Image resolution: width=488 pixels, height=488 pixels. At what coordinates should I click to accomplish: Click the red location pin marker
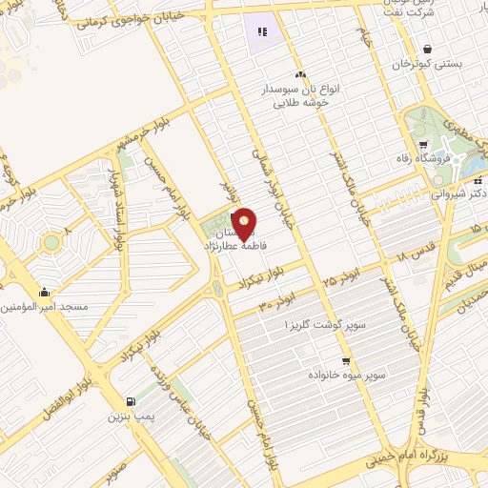[x=245, y=224]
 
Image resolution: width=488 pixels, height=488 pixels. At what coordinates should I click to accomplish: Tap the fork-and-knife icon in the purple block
[x=262, y=32]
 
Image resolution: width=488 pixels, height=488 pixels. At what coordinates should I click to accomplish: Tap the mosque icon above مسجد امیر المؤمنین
[x=45, y=293]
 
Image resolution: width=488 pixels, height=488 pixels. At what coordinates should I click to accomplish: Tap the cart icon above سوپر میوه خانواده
[x=345, y=361]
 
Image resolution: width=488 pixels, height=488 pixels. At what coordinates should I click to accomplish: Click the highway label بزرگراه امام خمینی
[x=406, y=459]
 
